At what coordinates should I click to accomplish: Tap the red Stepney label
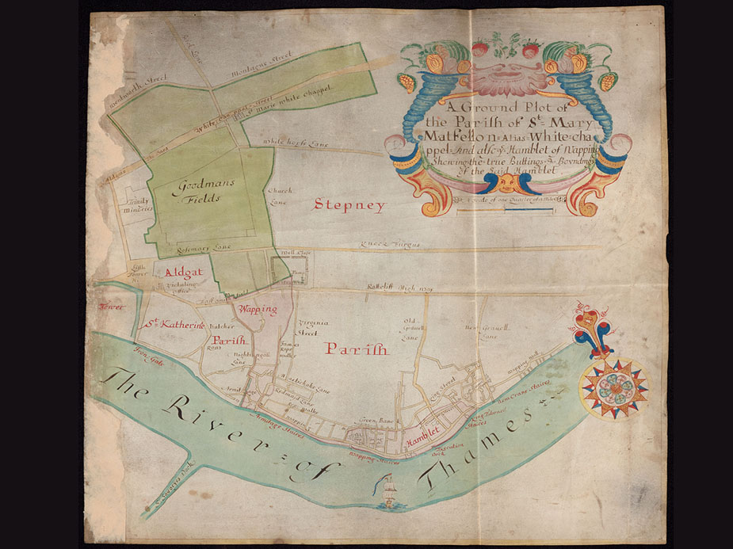[x=349, y=204]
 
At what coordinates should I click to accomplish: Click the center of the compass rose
[x=613, y=387]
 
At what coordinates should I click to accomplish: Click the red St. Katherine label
[x=175, y=324]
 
